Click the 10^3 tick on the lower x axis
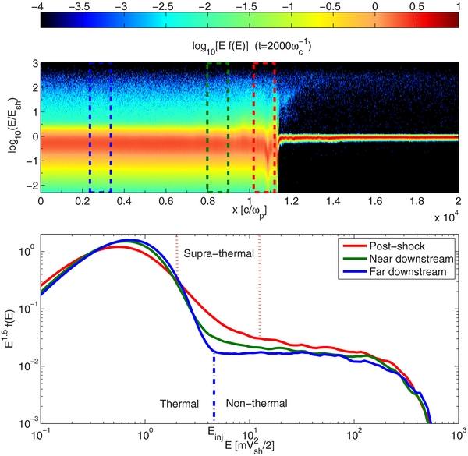coord(459,432)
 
